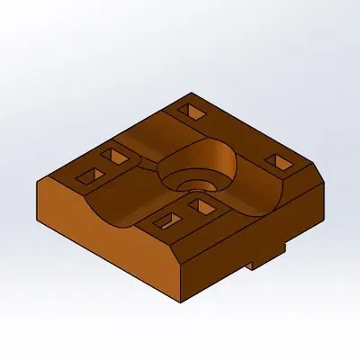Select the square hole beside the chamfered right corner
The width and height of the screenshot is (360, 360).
pyautogui.click(x=277, y=160)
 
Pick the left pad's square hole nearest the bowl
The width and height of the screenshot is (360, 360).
pyautogui.click(x=115, y=157)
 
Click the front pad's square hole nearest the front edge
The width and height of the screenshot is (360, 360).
pyautogui.click(x=166, y=220)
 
